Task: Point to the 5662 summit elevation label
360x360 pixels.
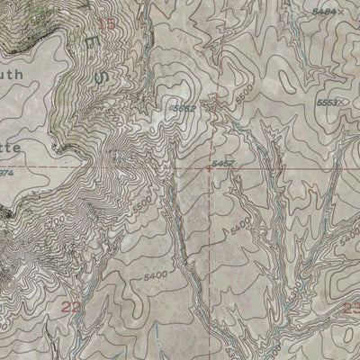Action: tap(183, 108)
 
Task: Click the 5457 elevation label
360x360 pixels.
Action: tap(223, 163)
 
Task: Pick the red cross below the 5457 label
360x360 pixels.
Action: tap(210, 168)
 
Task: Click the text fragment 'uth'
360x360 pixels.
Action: tap(16, 76)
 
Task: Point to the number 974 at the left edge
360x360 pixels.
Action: tap(5, 171)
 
